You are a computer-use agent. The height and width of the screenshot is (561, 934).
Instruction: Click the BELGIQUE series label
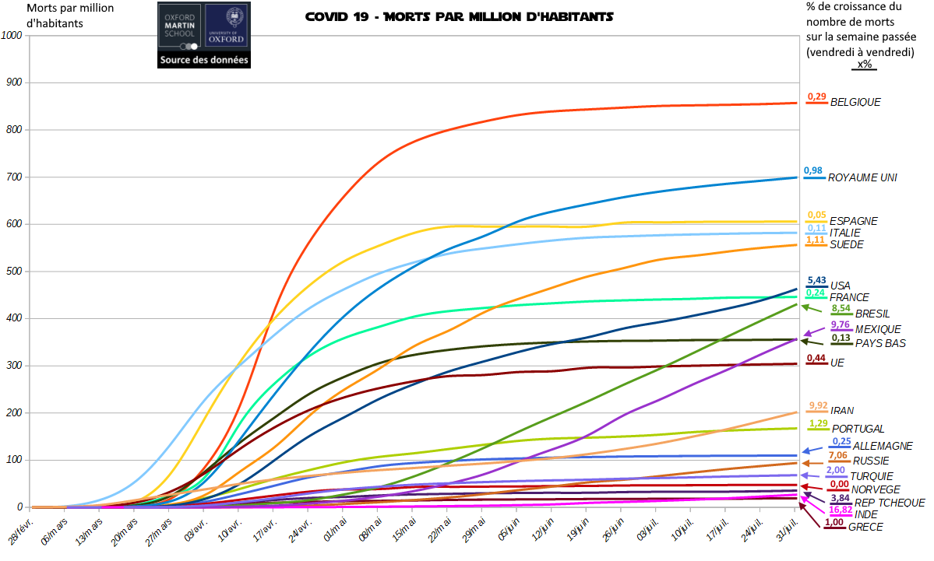(855, 102)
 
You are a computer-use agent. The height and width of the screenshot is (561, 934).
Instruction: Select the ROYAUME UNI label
(862, 177)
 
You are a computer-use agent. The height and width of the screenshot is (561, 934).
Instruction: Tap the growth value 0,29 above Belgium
(816, 96)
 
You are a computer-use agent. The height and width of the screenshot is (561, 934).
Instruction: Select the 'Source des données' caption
(204, 60)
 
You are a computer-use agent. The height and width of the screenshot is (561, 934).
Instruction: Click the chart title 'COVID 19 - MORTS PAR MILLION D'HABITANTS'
(459, 16)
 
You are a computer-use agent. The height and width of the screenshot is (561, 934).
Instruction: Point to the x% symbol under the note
(864, 65)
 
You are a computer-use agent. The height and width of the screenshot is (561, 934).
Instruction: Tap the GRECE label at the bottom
(865, 527)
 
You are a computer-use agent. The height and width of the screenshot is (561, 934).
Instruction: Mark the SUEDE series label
(847, 244)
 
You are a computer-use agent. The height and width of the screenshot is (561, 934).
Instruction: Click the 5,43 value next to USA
(816, 280)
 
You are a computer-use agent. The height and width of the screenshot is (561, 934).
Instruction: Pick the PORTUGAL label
(858, 429)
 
